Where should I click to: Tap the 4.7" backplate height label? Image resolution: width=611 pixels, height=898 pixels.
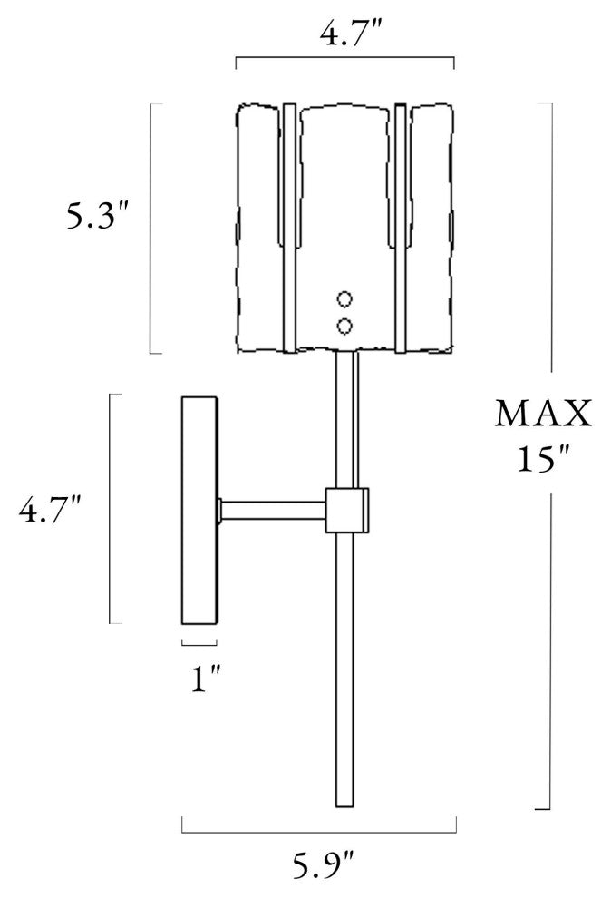50,511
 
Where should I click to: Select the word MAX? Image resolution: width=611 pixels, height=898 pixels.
543,414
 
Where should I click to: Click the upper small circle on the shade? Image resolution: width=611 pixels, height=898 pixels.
344,299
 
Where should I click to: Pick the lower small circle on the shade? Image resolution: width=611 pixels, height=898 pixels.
344,327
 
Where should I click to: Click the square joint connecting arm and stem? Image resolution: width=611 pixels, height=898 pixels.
346,511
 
